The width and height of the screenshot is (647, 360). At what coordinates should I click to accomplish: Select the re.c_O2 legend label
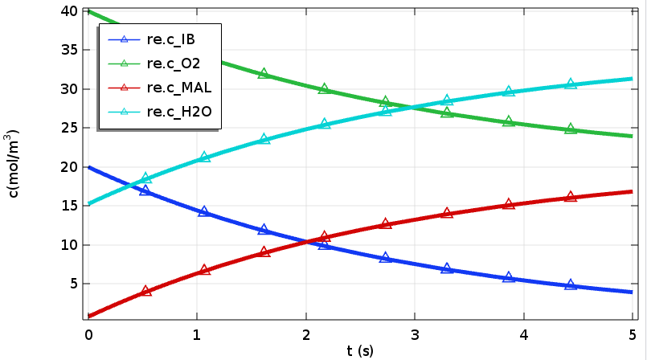tap(173, 63)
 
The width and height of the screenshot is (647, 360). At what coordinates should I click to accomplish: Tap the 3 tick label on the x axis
tap(415, 333)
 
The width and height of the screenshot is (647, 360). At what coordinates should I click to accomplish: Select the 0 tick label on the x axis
tap(88, 333)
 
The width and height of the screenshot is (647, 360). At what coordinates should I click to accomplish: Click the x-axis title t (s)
tap(360, 350)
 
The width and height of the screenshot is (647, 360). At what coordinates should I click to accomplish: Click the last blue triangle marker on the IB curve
tap(571, 284)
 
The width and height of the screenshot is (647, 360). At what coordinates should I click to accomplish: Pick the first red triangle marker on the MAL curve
tap(146, 291)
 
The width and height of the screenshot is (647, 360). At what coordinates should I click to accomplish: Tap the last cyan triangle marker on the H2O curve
tap(571, 84)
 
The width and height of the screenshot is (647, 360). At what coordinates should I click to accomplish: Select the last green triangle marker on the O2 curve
tap(571, 129)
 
